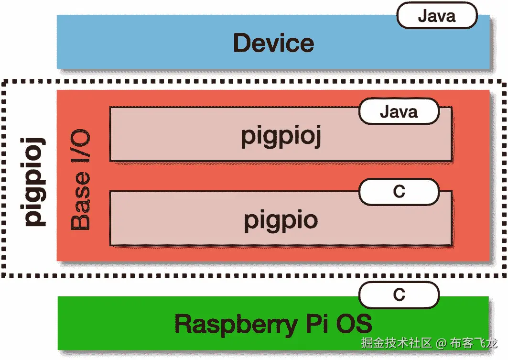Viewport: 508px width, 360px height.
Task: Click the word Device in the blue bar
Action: (x=273, y=43)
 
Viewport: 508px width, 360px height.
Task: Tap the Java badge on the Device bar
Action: (x=437, y=16)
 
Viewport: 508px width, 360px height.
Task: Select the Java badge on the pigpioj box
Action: (x=399, y=112)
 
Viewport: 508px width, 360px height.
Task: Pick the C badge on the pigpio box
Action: (x=399, y=191)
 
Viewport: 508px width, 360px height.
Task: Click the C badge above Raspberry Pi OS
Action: (x=399, y=295)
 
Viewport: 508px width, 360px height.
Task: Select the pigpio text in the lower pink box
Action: (x=281, y=220)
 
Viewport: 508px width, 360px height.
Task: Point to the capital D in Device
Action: (x=242, y=43)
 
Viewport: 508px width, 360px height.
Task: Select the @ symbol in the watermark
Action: (x=441, y=343)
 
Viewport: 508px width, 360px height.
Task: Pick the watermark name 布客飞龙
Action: (x=474, y=343)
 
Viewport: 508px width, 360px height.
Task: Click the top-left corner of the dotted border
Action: (x=4, y=82)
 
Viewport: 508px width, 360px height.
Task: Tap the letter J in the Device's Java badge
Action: (x=422, y=16)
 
